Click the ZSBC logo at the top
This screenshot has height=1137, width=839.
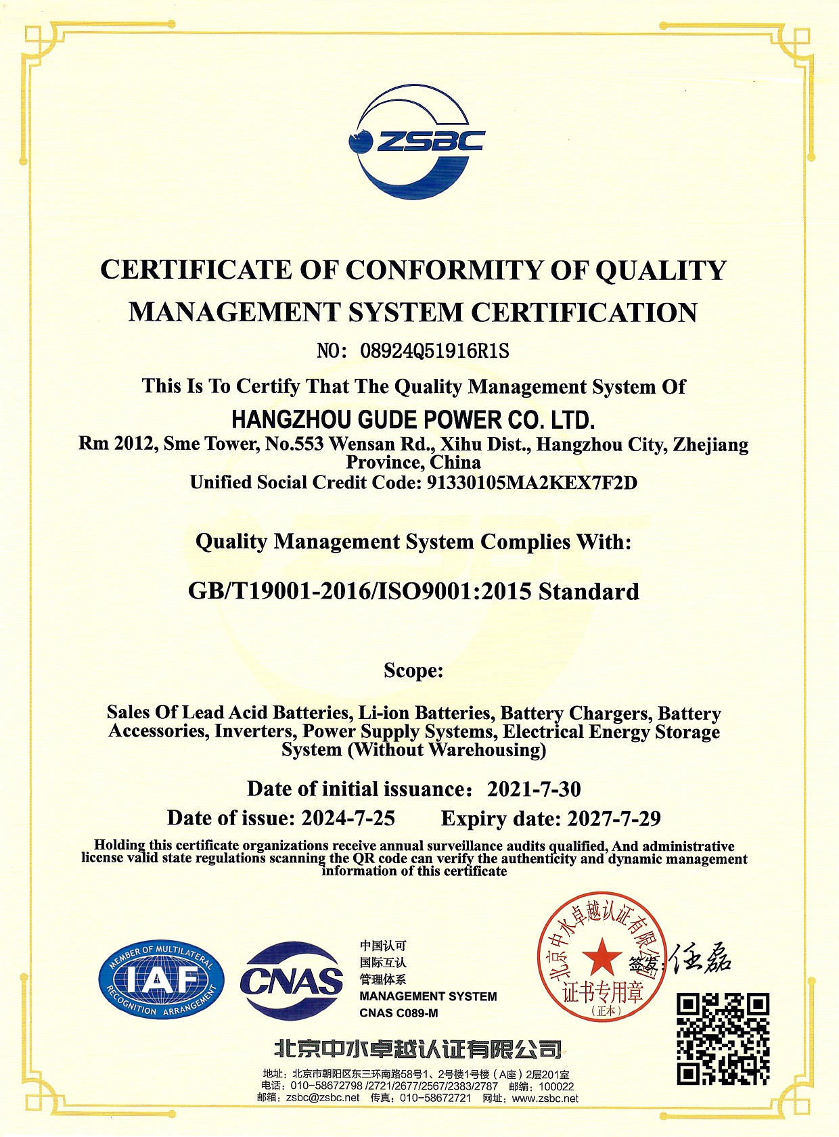click(416, 142)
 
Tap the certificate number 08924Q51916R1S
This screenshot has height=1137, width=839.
click(434, 351)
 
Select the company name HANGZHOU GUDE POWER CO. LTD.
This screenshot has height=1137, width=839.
click(413, 420)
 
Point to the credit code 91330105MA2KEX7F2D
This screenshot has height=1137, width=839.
click(532, 483)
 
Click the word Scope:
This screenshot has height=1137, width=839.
click(413, 670)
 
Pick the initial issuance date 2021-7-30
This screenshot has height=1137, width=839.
click(534, 789)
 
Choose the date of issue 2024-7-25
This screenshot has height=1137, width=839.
click(348, 818)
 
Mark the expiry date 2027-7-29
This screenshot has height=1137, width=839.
click(614, 818)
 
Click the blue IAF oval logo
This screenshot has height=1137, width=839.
click(161, 980)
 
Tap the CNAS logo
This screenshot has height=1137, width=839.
click(291, 981)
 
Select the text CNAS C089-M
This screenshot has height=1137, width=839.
click(399, 1013)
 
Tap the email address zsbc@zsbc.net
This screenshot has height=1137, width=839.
click(323, 1098)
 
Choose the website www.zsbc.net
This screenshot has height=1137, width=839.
click(545, 1098)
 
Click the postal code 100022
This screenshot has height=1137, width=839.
click(556, 1086)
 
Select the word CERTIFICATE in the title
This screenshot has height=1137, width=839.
click(196, 270)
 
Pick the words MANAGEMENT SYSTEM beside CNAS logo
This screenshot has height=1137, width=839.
click(428, 996)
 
